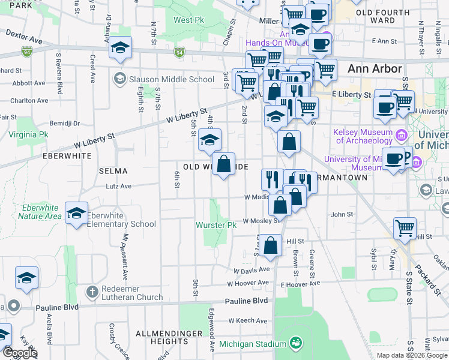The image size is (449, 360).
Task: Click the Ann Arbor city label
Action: click(x=375, y=68)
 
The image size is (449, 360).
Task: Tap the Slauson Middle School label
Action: click(x=172, y=79)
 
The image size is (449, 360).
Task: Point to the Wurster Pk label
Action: click(x=217, y=225)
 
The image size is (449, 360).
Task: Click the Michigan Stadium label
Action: click(x=252, y=344)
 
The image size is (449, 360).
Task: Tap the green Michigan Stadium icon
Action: click(x=295, y=343)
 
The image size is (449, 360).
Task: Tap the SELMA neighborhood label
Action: click(x=113, y=171)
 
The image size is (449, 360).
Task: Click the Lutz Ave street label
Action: click(x=118, y=187)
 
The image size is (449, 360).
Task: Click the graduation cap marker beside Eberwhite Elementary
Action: click(x=77, y=214)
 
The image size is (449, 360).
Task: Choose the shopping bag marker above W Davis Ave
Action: click(x=271, y=245)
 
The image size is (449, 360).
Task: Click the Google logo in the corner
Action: click(x=20, y=353)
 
